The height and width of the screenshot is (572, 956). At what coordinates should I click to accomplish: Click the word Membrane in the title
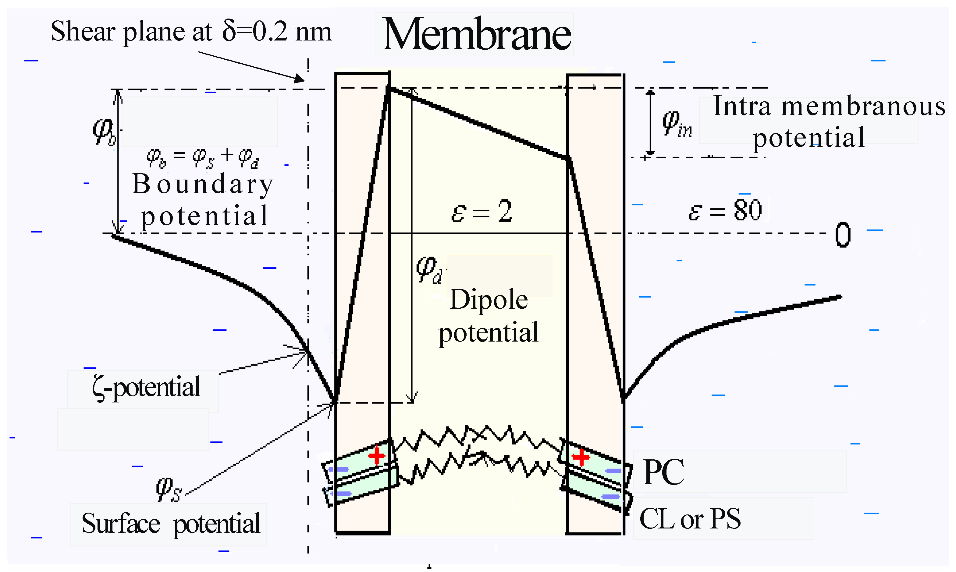click(x=476, y=35)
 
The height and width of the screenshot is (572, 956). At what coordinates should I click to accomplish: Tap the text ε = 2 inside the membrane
click(x=482, y=211)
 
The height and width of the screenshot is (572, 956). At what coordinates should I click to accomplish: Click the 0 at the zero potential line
click(x=843, y=235)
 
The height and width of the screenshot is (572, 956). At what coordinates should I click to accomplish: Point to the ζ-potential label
click(x=146, y=388)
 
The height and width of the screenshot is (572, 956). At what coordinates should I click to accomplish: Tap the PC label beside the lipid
click(x=663, y=472)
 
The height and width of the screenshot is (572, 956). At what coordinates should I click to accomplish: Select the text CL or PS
click(x=690, y=519)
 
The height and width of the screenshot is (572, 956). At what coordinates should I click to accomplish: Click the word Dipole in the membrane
click(x=489, y=300)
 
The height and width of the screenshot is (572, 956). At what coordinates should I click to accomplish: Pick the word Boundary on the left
click(x=203, y=184)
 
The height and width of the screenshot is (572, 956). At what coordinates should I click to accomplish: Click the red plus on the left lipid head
click(x=377, y=456)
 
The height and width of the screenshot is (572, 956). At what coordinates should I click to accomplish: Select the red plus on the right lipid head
click(x=581, y=458)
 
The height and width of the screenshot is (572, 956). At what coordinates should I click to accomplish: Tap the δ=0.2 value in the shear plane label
click(x=255, y=32)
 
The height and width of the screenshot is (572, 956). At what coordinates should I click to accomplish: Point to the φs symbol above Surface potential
click(x=169, y=490)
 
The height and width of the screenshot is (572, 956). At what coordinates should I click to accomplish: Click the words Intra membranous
click(x=829, y=106)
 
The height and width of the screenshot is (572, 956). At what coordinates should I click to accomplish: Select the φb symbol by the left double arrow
click(x=103, y=132)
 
